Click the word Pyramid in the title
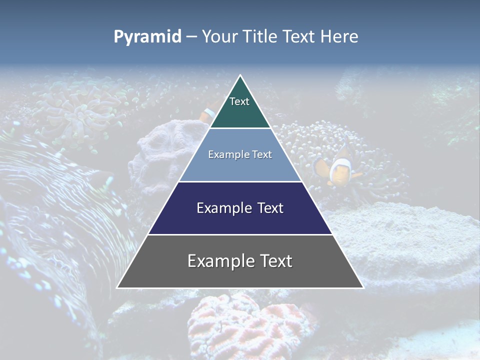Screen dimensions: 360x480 pos(147,37)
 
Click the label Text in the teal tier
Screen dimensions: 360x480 pos(239,101)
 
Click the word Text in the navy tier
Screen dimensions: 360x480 pos(268,208)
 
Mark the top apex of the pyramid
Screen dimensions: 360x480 pos(240,76)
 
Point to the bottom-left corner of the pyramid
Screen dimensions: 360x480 pos(118,287)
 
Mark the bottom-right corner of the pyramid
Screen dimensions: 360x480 pos(363,287)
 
